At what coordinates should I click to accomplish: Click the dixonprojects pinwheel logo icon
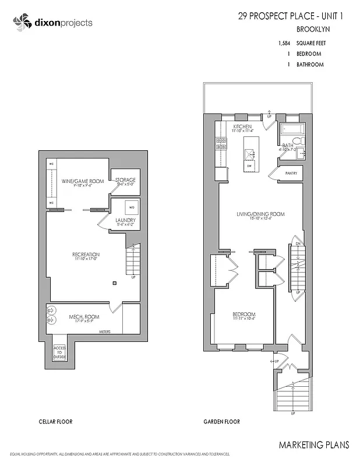click(20, 23)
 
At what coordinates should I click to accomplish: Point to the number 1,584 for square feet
click(284, 43)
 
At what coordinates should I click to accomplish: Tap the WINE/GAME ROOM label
click(83, 181)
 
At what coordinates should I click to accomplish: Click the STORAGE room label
click(125, 180)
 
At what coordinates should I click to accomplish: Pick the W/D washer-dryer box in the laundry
click(131, 207)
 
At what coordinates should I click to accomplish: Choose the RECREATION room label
click(86, 255)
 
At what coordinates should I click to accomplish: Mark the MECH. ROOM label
click(84, 317)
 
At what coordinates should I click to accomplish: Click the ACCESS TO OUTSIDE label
click(59, 351)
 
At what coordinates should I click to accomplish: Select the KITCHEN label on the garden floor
click(242, 126)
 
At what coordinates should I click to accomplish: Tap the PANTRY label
click(291, 174)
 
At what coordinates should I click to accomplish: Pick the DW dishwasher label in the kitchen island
click(249, 166)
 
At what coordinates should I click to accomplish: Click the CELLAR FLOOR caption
click(55, 422)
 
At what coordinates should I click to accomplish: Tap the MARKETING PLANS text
click(314, 445)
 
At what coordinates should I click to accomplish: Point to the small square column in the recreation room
click(115, 283)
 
